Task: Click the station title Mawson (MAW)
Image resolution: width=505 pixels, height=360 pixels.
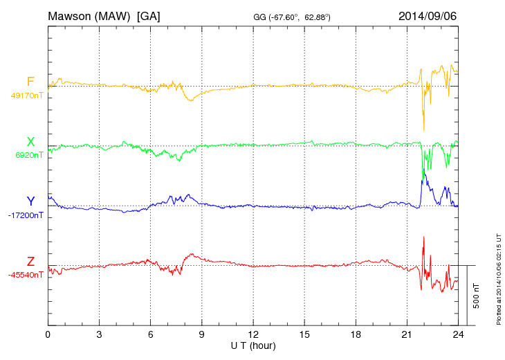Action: [x=89, y=15]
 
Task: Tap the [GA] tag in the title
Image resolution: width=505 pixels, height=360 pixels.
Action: [x=148, y=15]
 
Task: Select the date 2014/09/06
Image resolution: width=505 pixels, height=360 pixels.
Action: [x=427, y=15]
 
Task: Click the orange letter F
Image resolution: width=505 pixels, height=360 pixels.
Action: [x=30, y=82]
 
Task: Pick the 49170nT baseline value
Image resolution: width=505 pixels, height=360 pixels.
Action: [x=27, y=96]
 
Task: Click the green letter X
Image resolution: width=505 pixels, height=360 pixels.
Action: [x=30, y=142]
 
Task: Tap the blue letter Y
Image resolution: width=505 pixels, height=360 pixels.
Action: [x=30, y=201]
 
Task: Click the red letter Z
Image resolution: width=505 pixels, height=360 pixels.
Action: [x=30, y=261]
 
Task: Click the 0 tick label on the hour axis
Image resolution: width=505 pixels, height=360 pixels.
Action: [x=48, y=334]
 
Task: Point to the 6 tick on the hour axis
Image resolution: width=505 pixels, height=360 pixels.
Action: [x=150, y=334]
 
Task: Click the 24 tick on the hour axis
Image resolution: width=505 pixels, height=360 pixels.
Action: [x=458, y=334]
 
